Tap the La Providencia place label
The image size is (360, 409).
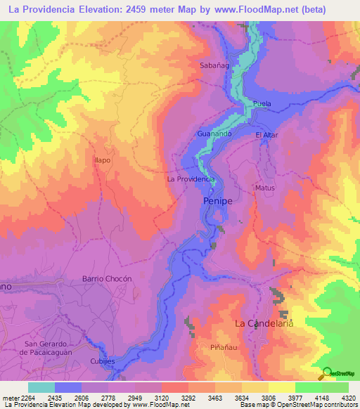point(190,179)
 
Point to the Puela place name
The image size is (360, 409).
point(262,104)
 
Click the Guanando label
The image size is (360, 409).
point(215,133)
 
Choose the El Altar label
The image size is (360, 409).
point(268,135)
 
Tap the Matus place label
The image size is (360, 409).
point(265,188)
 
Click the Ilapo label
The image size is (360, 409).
point(103,160)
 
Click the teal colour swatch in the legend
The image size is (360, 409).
point(41,387)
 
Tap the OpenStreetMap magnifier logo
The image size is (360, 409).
point(326,372)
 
